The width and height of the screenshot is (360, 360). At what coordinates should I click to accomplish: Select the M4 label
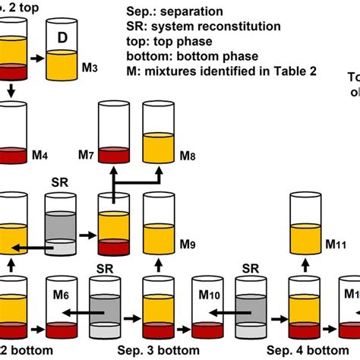pos(41,156)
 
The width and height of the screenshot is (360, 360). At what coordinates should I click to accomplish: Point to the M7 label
pos(85,156)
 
